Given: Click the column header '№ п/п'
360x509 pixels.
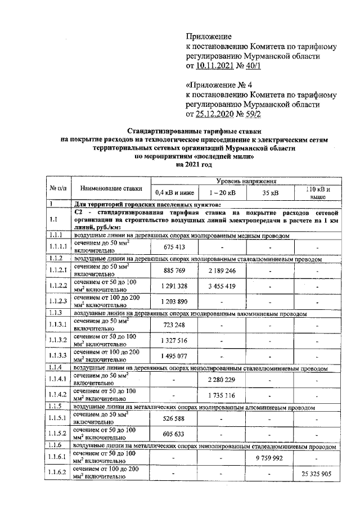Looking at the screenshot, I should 58,188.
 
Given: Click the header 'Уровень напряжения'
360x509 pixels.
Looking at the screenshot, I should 246,183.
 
